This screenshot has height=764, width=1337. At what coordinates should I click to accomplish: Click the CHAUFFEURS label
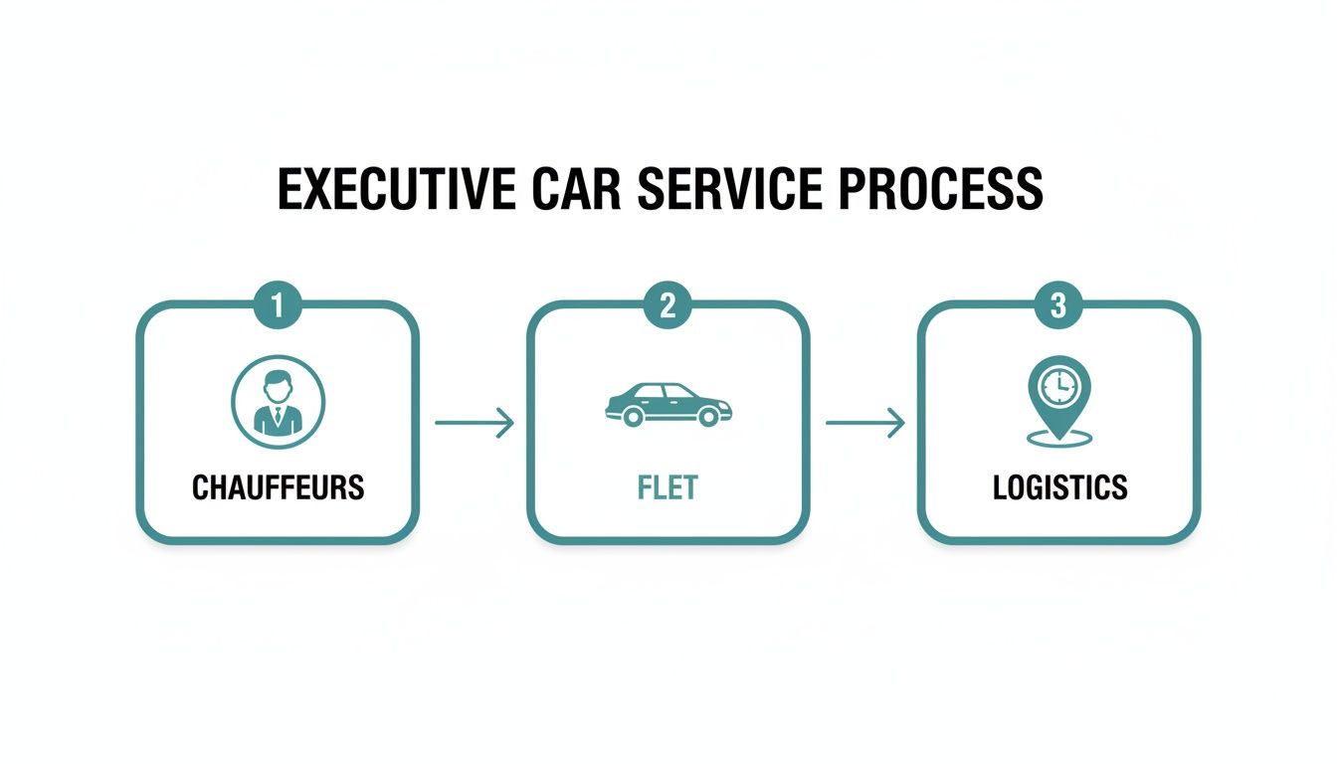tap(278, 487)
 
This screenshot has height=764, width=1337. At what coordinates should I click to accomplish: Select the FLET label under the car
tap(668, 487)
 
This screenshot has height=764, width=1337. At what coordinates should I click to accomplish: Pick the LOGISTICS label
tap(1059, 487)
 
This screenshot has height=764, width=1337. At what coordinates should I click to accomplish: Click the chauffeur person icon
tap(278, 402)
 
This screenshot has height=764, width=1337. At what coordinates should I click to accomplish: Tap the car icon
tap(668, 404)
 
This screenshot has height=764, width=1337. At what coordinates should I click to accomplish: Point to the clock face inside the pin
tap(1058, 385)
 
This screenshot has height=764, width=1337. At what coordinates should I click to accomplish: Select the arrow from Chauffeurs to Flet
tap(475, 424)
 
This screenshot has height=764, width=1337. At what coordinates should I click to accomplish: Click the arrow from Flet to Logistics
tap(864, 424)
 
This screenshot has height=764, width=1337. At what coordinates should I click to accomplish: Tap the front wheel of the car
tap(708, 418)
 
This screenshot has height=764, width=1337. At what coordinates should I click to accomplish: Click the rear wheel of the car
tap(631, 418)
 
